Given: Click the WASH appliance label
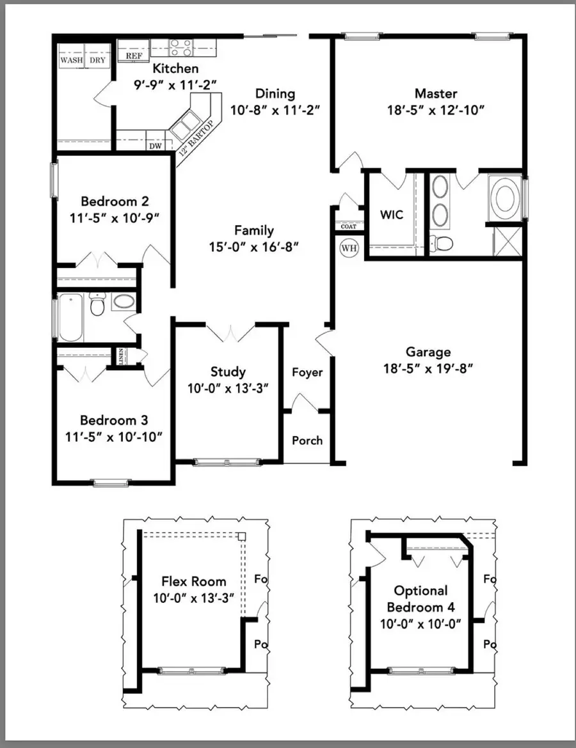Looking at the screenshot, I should tap(71, 60).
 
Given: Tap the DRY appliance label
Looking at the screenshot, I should tap(97, 60).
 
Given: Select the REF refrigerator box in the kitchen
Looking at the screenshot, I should tap(133, 56).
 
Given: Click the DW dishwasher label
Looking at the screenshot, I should tap(156, 145).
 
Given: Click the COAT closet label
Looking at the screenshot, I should tap(348, 226).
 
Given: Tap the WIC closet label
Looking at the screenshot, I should tap(391, 215).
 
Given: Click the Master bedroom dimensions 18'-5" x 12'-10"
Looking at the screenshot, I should tap(435, 109).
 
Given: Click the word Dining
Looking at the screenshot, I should tap(275, 93).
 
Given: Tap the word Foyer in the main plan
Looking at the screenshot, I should tap(307, 372).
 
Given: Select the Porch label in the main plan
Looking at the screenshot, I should tap(307, 440).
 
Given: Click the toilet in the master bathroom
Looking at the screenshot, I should tap(442, 243).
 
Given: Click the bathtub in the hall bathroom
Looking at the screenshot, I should tap(70, 318).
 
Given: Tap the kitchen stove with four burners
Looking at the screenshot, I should tap(181, 47).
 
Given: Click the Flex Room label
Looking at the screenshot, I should tap(193, 581).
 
